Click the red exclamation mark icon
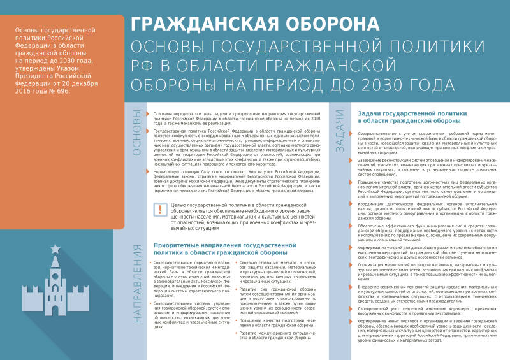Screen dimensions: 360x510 click(160, 210)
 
